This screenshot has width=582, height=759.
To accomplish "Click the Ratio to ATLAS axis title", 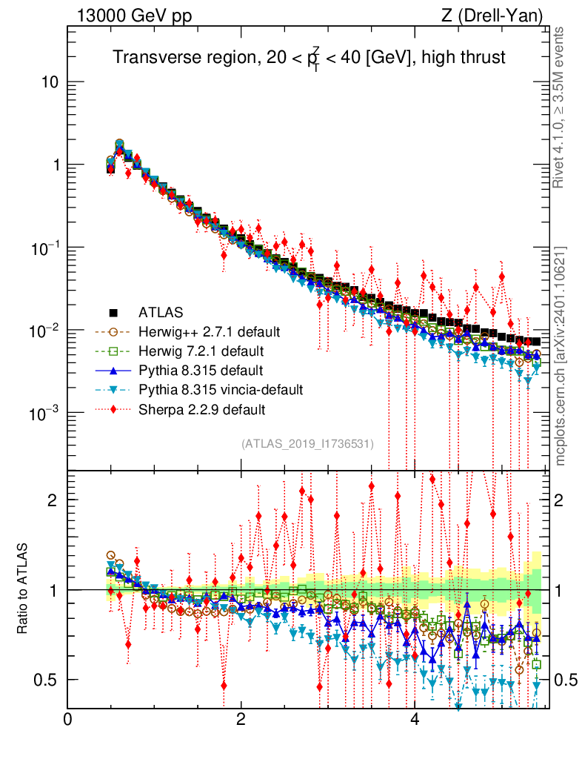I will pyautogui.click(x=24, y=589).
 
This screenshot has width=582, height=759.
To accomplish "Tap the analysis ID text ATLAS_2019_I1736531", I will pyautogui.click(x=307, y=444).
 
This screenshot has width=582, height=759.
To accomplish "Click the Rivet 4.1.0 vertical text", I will pyautogui.click(x=560, y=107).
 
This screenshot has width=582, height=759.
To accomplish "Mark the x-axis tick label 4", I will pyautogui.click(x=415, y=720).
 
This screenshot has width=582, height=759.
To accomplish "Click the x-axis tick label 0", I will pyautogui.click(x=68, y=720).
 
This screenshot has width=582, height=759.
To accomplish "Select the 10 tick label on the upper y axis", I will pyautogui.click(x=50, y=82).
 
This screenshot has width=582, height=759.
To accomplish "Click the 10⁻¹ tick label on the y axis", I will pyautogui.click(x=47, y=248).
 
